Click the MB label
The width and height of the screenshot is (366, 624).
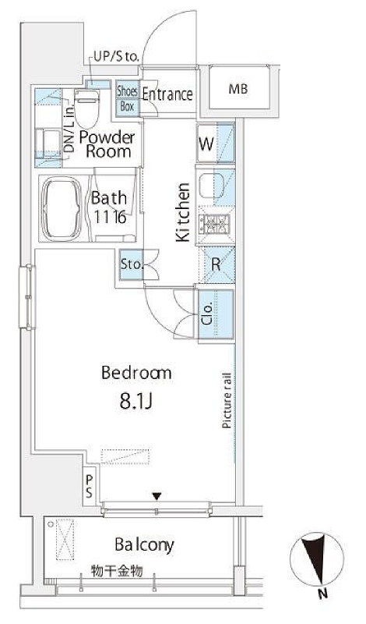click(x=238, y=89)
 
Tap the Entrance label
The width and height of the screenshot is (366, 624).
click(x=167, y=94)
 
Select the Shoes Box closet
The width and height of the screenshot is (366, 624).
click(x=127, y=98)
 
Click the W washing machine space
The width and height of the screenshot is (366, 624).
click(x=216, y=143)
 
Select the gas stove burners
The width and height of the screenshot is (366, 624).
click(x=216, y=224)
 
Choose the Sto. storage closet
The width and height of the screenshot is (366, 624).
click(x=132, y=264)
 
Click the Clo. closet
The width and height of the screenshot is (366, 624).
click(x=216, y=315)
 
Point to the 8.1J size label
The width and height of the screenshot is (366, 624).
click(x=136, y=402)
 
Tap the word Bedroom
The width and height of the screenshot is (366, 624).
click(x=136, y=373)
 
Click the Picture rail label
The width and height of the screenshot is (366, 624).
click(x=227, y=400)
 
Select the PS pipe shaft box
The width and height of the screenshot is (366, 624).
click(x=90, y=485)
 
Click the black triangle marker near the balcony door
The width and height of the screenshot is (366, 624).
click(x=157, y=496)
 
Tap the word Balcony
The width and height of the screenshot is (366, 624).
click(x=144, y=544)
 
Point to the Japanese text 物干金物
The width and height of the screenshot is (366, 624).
click(x=117, y=571)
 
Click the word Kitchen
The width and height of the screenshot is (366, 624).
click(x=183, y=211)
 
